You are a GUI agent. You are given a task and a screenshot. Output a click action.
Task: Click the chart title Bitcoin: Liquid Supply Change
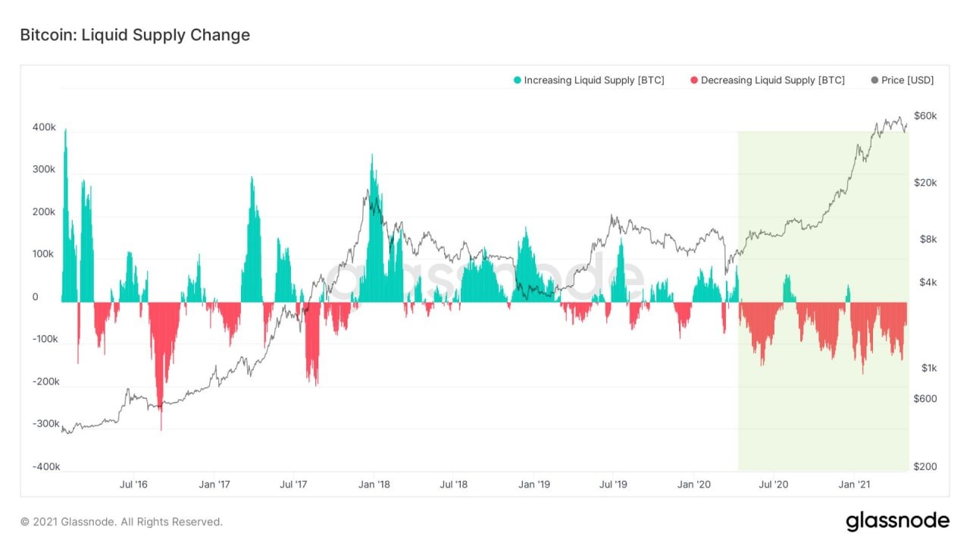pyautogui.click(x=135, y=35)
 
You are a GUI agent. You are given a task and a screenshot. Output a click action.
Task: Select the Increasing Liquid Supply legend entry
pyautogui.click(x=588, y=80)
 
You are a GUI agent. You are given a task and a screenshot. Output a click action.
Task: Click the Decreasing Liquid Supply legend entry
pyautogui.click(x=767, y=80)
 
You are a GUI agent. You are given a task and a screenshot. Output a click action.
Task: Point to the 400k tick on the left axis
pyautogui.click(x=44, y=127)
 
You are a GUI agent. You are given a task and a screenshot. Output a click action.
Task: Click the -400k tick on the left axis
pyautogui.click(x=45, y=466)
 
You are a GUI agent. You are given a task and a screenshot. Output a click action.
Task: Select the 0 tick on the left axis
pyautogui.click(x=36, y=297)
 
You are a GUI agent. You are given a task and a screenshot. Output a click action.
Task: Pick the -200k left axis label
pyautogui.click(x=45, y=381)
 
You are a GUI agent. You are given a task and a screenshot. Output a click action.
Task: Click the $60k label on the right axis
pyautogui.click(x=925, y=116)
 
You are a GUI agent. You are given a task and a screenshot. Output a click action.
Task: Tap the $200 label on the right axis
pyautogui.click(x=925, y=466)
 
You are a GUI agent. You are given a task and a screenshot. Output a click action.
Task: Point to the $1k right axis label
pyautogui.click(x=928, y=368)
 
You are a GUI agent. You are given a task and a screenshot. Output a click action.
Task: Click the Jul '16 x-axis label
pyautogui.click(x=133, y=484)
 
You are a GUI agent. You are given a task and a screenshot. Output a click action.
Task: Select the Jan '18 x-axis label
pyautogui.click(x=374, y=484)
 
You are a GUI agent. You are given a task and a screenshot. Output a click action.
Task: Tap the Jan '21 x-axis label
pyautogui.click(x=854, y=484)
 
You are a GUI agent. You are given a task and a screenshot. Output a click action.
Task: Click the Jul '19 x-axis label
pyautogui.click(x=613, y=484)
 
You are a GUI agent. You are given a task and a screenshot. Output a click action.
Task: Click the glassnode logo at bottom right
pyautogui.click(x=897, y=521)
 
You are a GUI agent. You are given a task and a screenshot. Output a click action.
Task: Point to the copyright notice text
pyautogui.click(x=121, y=522)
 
